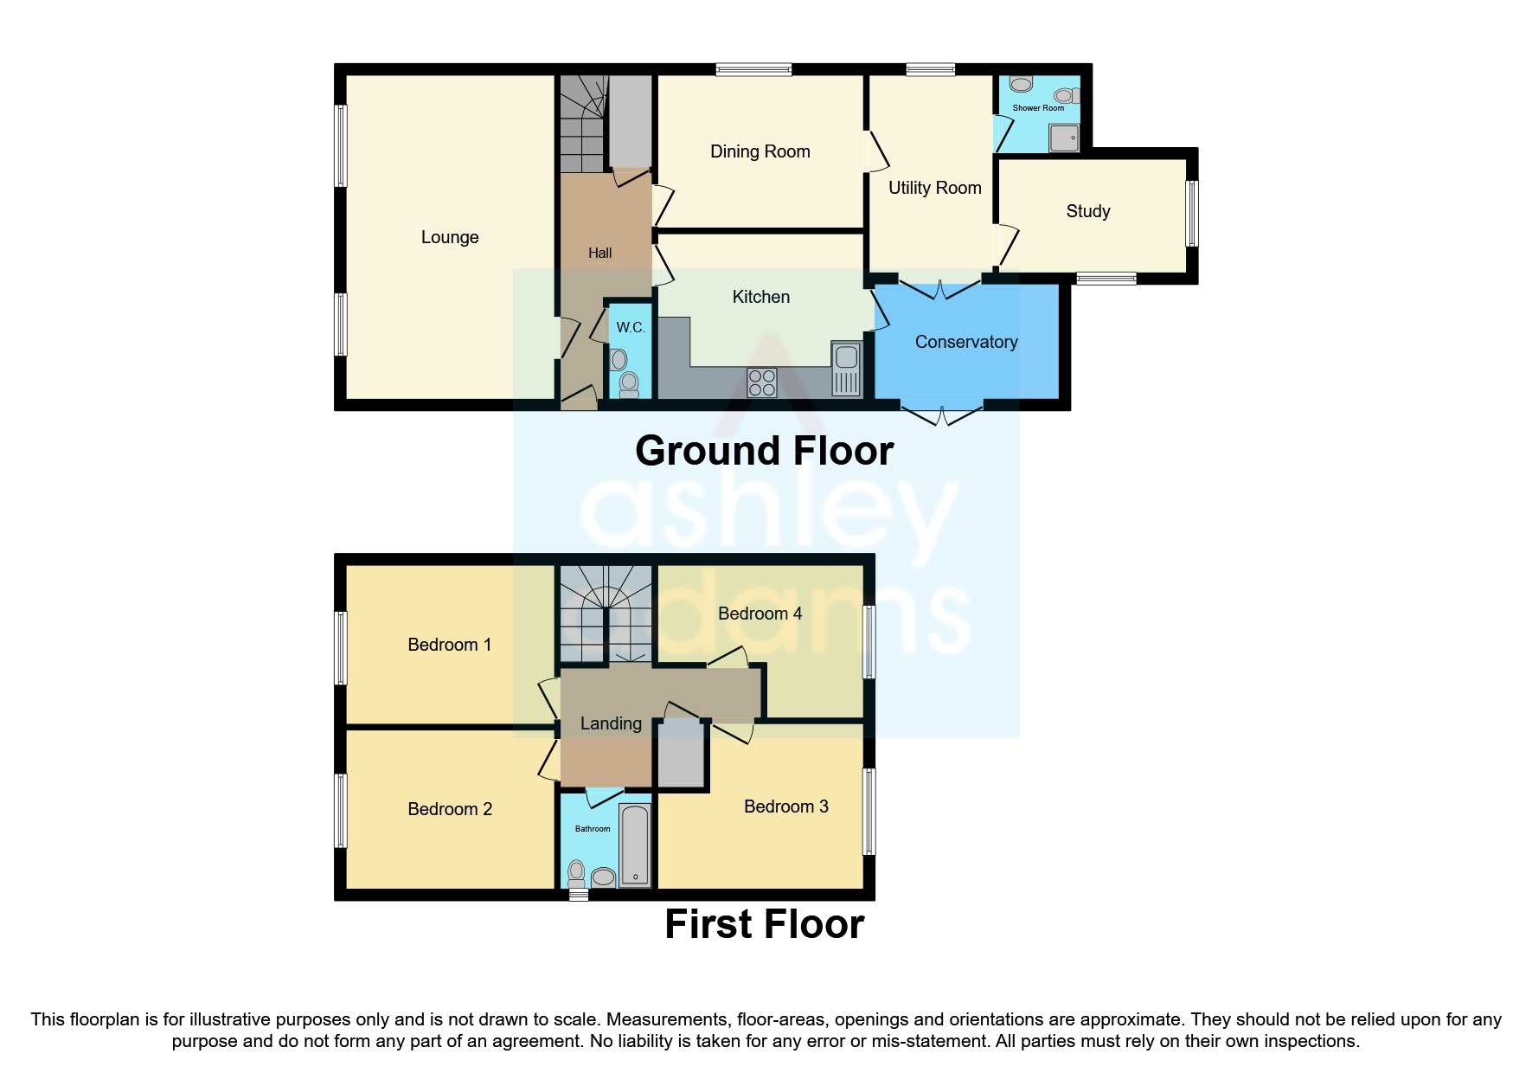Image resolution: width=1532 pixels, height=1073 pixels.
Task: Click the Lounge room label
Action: (450, 237)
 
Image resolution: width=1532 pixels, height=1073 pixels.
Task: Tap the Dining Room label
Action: (760, 151)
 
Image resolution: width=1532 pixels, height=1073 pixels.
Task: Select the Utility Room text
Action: (934, 188)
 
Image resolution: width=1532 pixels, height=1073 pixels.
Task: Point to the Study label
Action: (1087, 211)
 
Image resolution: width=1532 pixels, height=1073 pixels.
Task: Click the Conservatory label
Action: (965, 342)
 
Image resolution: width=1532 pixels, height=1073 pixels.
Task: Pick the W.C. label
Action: (630, 327)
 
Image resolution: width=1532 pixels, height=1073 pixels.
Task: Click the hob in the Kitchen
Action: (761, 382)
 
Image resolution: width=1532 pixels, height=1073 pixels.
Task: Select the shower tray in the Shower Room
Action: (1065, 138)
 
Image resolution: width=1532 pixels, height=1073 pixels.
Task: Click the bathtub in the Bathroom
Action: (635, 845)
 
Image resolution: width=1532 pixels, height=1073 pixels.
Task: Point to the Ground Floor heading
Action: (764, 451)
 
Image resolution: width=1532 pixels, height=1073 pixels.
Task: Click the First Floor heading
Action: (764, 924)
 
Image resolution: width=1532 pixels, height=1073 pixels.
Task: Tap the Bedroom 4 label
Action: (760, 614)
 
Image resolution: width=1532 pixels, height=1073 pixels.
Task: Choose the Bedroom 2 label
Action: (450, 809)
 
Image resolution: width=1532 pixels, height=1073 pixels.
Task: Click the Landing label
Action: (611, 723)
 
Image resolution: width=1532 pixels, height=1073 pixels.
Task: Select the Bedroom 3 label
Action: (785, 806)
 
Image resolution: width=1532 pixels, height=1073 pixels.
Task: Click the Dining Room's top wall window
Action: (753, 70)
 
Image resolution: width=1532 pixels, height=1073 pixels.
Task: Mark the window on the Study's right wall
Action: (1192, 213)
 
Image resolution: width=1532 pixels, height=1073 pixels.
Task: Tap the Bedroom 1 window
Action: (342, 648)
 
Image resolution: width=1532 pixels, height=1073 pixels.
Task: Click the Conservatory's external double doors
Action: (942, 414)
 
